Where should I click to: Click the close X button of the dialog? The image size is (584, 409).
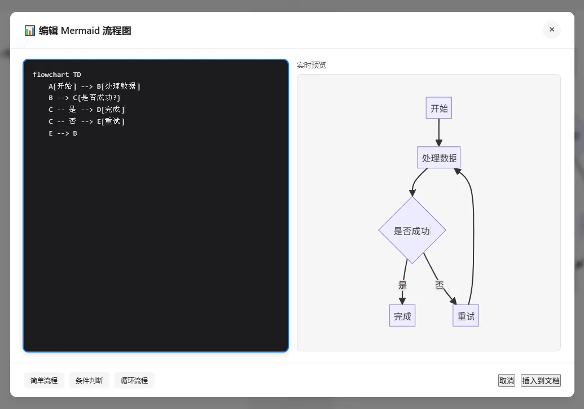552,29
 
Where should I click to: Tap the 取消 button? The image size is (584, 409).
507,381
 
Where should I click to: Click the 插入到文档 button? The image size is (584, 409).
541,381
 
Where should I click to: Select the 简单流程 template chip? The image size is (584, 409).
44,380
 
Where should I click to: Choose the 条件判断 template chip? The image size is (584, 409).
89,380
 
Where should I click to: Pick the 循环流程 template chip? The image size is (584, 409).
134,380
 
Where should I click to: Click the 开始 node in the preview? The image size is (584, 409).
439,108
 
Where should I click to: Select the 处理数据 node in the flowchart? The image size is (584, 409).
439,158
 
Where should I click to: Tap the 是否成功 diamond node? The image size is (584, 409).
412,230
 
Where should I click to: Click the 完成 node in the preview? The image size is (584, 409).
402,316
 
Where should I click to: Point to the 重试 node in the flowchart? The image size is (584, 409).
466,316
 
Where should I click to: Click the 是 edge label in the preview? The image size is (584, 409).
402,285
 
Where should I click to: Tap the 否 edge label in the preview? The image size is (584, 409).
440,285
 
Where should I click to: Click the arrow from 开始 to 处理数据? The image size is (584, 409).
439,133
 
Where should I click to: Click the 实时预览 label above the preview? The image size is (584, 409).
311,65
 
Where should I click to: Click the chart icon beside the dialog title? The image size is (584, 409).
30,31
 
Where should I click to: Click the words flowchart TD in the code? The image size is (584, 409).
56,75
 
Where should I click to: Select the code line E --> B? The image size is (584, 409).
63,133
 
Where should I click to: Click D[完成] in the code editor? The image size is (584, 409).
111,110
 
